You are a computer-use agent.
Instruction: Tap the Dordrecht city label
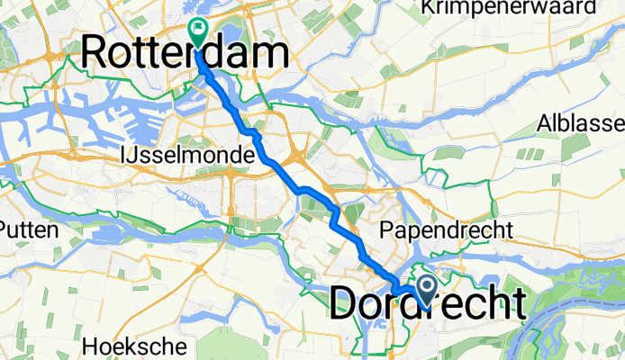pyautogui.click(x=428, y=304)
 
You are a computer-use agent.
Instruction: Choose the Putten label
pyautogui.click(x=29, y=229)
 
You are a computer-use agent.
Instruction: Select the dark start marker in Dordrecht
pyautogui.click(x=423, y=288)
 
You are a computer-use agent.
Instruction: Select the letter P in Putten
pyautogui.click(x=5, y=229)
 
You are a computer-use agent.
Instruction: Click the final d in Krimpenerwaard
pyautogui.click(x=590, y=8)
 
